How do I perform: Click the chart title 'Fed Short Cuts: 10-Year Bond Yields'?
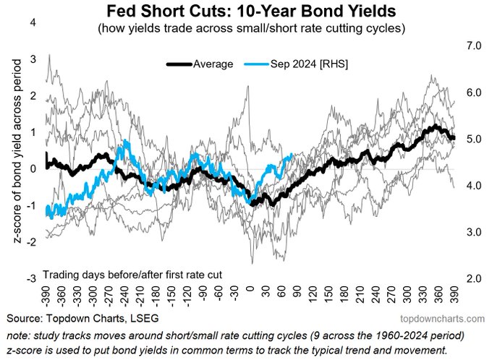click(x=251, y=11)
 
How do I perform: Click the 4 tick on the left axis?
click(x=33, y=23)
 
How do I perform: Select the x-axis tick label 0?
click(x=250, y=289)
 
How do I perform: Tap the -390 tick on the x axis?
click(x=46, y=297)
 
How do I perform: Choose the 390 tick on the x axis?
click(x=454, y=295)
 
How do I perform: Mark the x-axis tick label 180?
click(x=344, y=295)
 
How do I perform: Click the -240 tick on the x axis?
click(x=125, y=297)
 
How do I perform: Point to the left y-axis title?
click(x=17, y=151)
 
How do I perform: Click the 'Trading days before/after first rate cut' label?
click(x=132, y=275)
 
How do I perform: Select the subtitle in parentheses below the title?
click(x=251, y=28)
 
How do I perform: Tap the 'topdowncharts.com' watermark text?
click(x=442, y=319)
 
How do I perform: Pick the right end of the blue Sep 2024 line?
click(x=292, y=154)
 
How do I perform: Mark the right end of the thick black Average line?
click(x=454, y=138)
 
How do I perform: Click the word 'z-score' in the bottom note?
click(x=21, y=350)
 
